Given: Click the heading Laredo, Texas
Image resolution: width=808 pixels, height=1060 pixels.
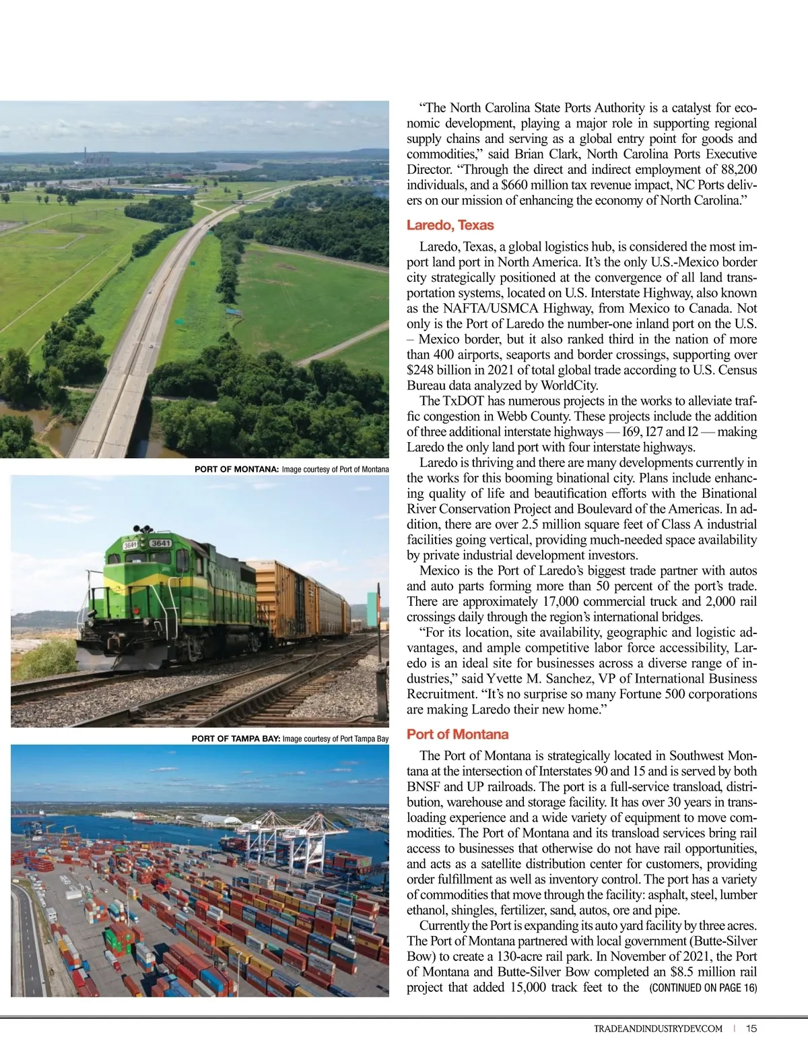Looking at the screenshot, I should click(450, 225).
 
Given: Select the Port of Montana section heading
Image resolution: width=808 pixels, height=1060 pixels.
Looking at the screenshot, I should click(457, 734).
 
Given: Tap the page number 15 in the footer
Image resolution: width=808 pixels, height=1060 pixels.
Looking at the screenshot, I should click(751, 1028).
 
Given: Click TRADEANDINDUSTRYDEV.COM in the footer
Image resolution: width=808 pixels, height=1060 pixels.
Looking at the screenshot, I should click(658, 1028).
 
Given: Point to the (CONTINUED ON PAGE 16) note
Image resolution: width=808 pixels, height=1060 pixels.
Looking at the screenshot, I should click(703, 988).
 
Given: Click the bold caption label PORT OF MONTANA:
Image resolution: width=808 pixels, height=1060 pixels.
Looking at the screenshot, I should click(236, 469).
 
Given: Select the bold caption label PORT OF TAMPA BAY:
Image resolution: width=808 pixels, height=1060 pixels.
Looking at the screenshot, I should click(236, 739).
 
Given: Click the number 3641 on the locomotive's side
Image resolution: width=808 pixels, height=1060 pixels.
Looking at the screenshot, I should click(161, 543).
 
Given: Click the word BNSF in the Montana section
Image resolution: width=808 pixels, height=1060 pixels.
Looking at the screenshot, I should click(423, 786).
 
